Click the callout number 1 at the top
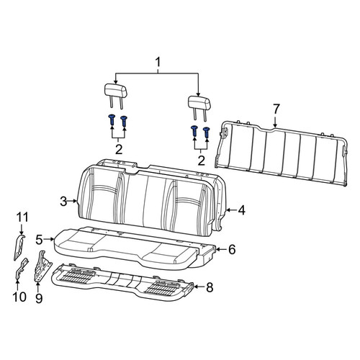[158, 63]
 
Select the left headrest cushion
[115, 91]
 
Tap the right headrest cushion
[199, 103]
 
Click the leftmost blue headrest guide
[112, 120]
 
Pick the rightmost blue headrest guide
[207, 132]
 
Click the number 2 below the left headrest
[119, 150]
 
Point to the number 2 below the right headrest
[201, 161]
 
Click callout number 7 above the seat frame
[275, 109]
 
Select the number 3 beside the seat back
[63, 202]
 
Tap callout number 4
[241, 210]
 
